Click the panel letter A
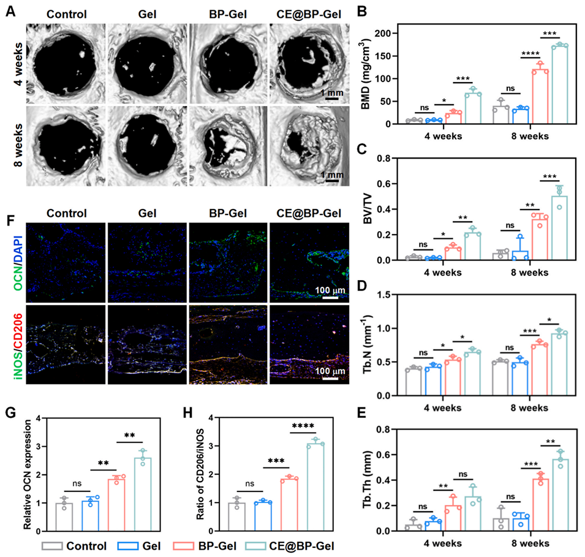click(9, 12)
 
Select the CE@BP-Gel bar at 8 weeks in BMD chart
click(560, 85)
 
